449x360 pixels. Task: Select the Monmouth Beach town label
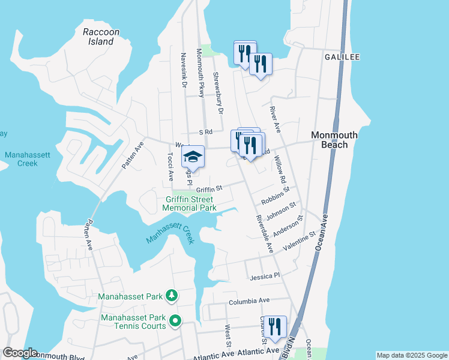(x=334, y=140)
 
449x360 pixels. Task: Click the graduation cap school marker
(x=193, y=157)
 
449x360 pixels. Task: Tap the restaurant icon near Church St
(x=275, y=327)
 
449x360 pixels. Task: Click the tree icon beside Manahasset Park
(x=172, y=296)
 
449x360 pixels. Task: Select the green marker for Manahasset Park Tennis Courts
(x=175, y=321)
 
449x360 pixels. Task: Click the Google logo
(x=19, y=353)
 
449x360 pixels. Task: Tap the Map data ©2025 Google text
(x=411, y=355)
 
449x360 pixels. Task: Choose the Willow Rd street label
(x=279, y=169)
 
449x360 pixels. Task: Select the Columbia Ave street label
(x=249, y=300)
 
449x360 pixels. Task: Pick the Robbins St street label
(x=275, y=196)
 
